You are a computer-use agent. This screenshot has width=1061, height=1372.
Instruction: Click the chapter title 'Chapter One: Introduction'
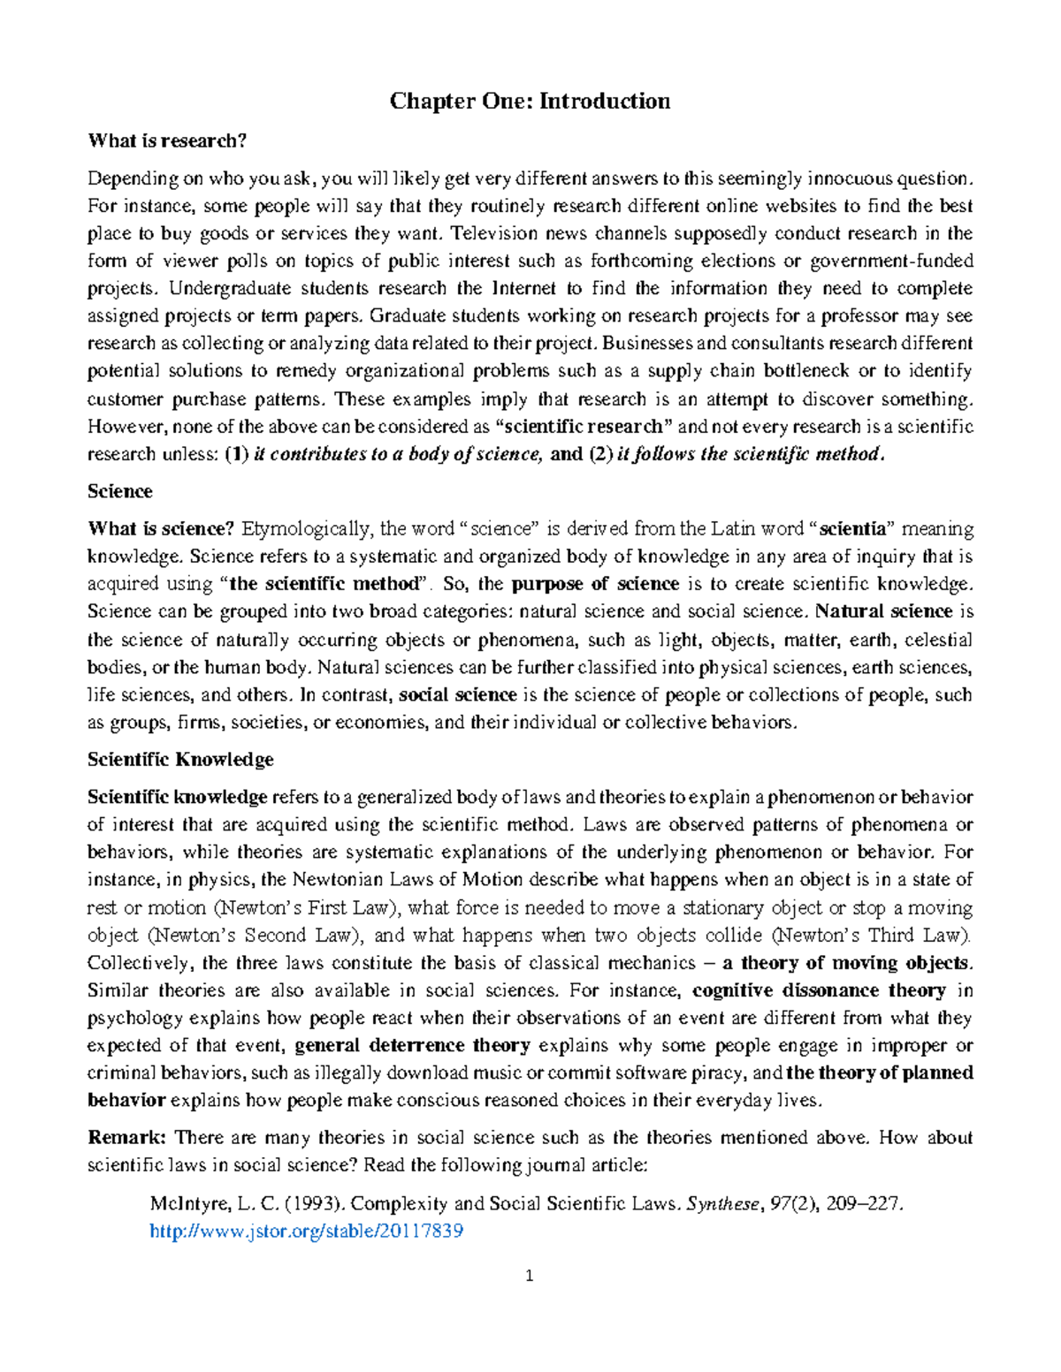pos(530,101)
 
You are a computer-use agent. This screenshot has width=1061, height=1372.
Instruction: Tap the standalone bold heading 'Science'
pos(120,491)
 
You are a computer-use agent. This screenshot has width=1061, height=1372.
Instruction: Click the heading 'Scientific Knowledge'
pos(180,760)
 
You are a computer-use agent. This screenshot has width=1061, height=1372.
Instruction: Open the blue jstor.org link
pos(307,1231)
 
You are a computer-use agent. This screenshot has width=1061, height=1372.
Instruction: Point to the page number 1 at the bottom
pos(530,1276)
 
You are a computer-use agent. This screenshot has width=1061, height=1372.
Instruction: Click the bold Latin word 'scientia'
pos(852,529)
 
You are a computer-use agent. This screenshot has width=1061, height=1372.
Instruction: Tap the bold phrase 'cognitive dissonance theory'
pos(819,990)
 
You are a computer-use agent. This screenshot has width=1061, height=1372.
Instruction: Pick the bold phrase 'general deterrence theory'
pos(412,1046)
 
